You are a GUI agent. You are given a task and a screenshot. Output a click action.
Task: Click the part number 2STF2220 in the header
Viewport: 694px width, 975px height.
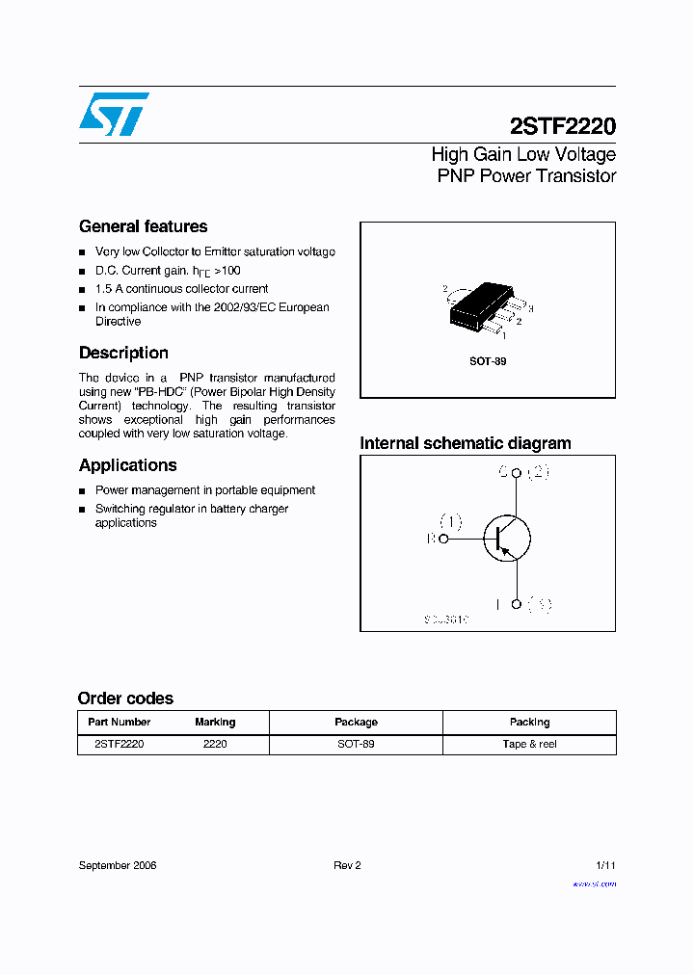click(562, 126)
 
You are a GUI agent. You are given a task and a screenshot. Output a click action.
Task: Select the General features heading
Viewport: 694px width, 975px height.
click(143, 226)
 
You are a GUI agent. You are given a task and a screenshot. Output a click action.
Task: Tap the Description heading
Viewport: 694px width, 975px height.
click(123, 353)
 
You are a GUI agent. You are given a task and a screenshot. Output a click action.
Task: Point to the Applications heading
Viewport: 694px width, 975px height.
click(127, 465)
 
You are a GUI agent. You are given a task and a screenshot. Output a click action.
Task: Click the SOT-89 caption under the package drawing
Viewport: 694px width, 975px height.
click(488, 361)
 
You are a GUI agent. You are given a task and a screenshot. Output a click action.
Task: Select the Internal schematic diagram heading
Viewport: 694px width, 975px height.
click(465, 443)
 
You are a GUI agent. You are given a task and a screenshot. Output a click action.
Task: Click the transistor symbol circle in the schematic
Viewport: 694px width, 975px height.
click(506, 539)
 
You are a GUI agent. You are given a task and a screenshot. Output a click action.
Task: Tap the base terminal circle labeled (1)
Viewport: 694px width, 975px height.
click(443, 540)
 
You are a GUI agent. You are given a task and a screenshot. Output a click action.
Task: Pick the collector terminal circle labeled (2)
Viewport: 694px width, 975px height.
click(517, 473)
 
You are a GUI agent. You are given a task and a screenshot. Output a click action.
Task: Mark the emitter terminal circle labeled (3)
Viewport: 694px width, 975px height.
click(517, 604)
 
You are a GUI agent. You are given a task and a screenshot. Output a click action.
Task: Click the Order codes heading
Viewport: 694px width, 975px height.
click(125, 698)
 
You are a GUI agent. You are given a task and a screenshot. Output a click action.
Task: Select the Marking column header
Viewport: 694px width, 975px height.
click(215, 722)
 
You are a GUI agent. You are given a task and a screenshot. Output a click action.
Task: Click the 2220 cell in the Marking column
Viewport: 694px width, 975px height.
click(215, 744)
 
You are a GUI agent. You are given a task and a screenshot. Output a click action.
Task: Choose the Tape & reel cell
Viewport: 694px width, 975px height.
click(529, 744)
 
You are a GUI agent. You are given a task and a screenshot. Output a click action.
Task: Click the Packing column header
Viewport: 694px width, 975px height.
click(529, 722)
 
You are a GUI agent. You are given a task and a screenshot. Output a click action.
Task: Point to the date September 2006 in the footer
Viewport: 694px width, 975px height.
click(118, 865)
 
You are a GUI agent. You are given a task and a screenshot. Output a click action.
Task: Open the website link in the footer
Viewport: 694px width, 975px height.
click(594, 883)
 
